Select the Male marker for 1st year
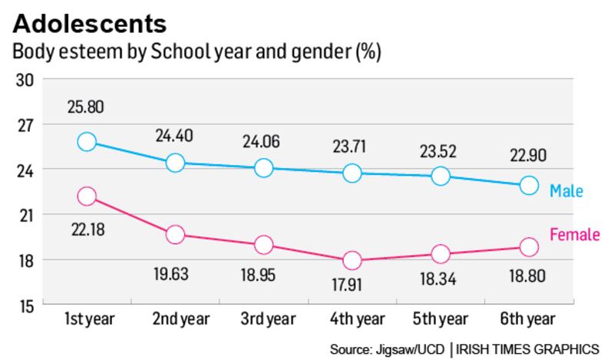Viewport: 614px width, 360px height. coord(87,142)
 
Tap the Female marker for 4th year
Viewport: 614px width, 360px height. coord(352,261)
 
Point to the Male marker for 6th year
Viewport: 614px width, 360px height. coord(529,186)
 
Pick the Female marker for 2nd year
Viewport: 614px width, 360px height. coord(175,235)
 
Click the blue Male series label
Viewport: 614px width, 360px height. coord(566,190)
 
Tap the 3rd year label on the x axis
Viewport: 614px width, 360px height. coord(263,319)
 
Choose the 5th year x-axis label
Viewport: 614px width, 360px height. coord(441,319)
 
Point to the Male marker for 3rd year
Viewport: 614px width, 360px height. coord(263,168)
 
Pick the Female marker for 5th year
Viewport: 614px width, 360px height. coord(441,254)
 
